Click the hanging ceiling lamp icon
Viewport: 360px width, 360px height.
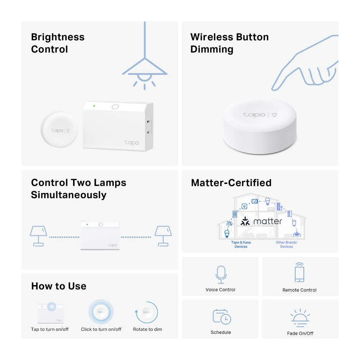pos(145,69)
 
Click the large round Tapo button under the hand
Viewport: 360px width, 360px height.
pos(260,126)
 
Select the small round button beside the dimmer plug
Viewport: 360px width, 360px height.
pos(59,130)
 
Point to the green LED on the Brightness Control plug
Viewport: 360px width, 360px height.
pos(94,106)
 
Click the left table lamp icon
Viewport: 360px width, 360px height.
pos(39,236)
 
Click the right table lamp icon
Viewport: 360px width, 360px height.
pos(163,236)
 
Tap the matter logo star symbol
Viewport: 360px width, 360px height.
pos(245,221)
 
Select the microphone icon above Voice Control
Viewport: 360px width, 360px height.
pos(221,275)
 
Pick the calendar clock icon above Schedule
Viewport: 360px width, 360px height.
pos(222,317)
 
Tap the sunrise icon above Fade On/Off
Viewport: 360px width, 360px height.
pos(300,318)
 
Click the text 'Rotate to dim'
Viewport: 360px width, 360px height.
pos(147,329)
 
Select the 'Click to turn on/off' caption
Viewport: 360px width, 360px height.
pos(101,329)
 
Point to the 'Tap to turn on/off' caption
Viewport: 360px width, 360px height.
pos(50,329)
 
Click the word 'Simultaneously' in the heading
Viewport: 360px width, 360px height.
pos(69,195)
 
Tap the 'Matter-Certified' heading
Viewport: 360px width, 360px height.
pos(231,183)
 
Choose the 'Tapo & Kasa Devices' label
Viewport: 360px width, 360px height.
pos(241,244)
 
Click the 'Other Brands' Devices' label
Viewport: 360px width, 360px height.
pos(287,244)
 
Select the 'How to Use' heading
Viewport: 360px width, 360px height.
pos(59,286)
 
